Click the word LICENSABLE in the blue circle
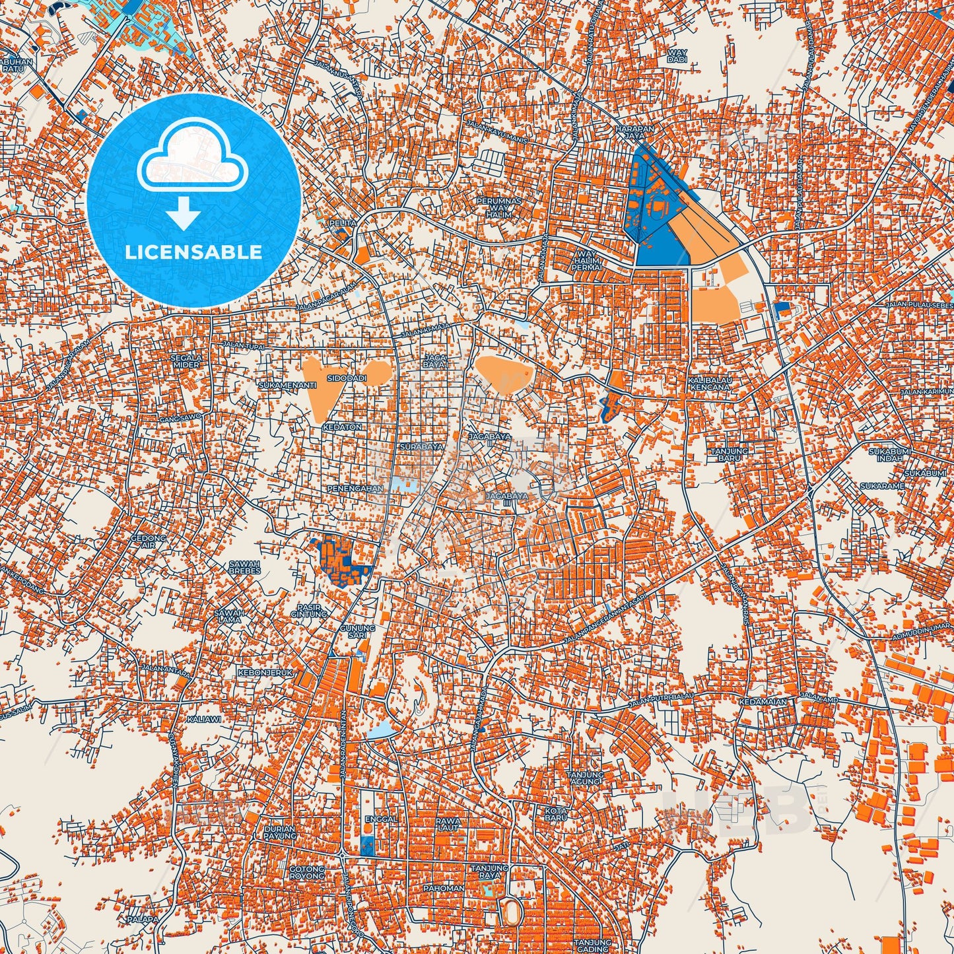click(x=194, y=252)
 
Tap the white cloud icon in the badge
click(x=192, y=158)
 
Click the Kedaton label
click(x=343, y=427)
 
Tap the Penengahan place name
click(x=355, y=489)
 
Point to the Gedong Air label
click(x=149, y=541)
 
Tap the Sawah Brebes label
click(x=244, y=567)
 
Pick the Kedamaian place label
click(x=763, y=702)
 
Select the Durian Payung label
click(x=279, y=832)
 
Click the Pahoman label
click(x=444, y=888)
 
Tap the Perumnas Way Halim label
click(x=499, y=207)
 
